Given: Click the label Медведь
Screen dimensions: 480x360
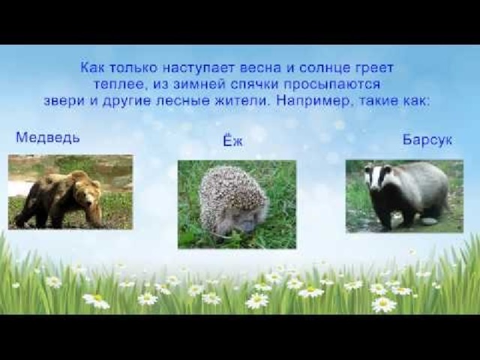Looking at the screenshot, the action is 48,137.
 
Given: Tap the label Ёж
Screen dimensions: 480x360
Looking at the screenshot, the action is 232,140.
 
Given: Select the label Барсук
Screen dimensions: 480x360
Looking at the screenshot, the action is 427,140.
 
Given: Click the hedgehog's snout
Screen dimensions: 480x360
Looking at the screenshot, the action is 245,226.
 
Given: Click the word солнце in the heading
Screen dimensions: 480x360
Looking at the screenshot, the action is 324,68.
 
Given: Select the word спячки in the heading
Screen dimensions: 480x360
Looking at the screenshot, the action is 254,84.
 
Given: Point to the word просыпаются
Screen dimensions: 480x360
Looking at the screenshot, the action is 331,85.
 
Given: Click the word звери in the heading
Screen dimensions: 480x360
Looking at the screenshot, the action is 64,101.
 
